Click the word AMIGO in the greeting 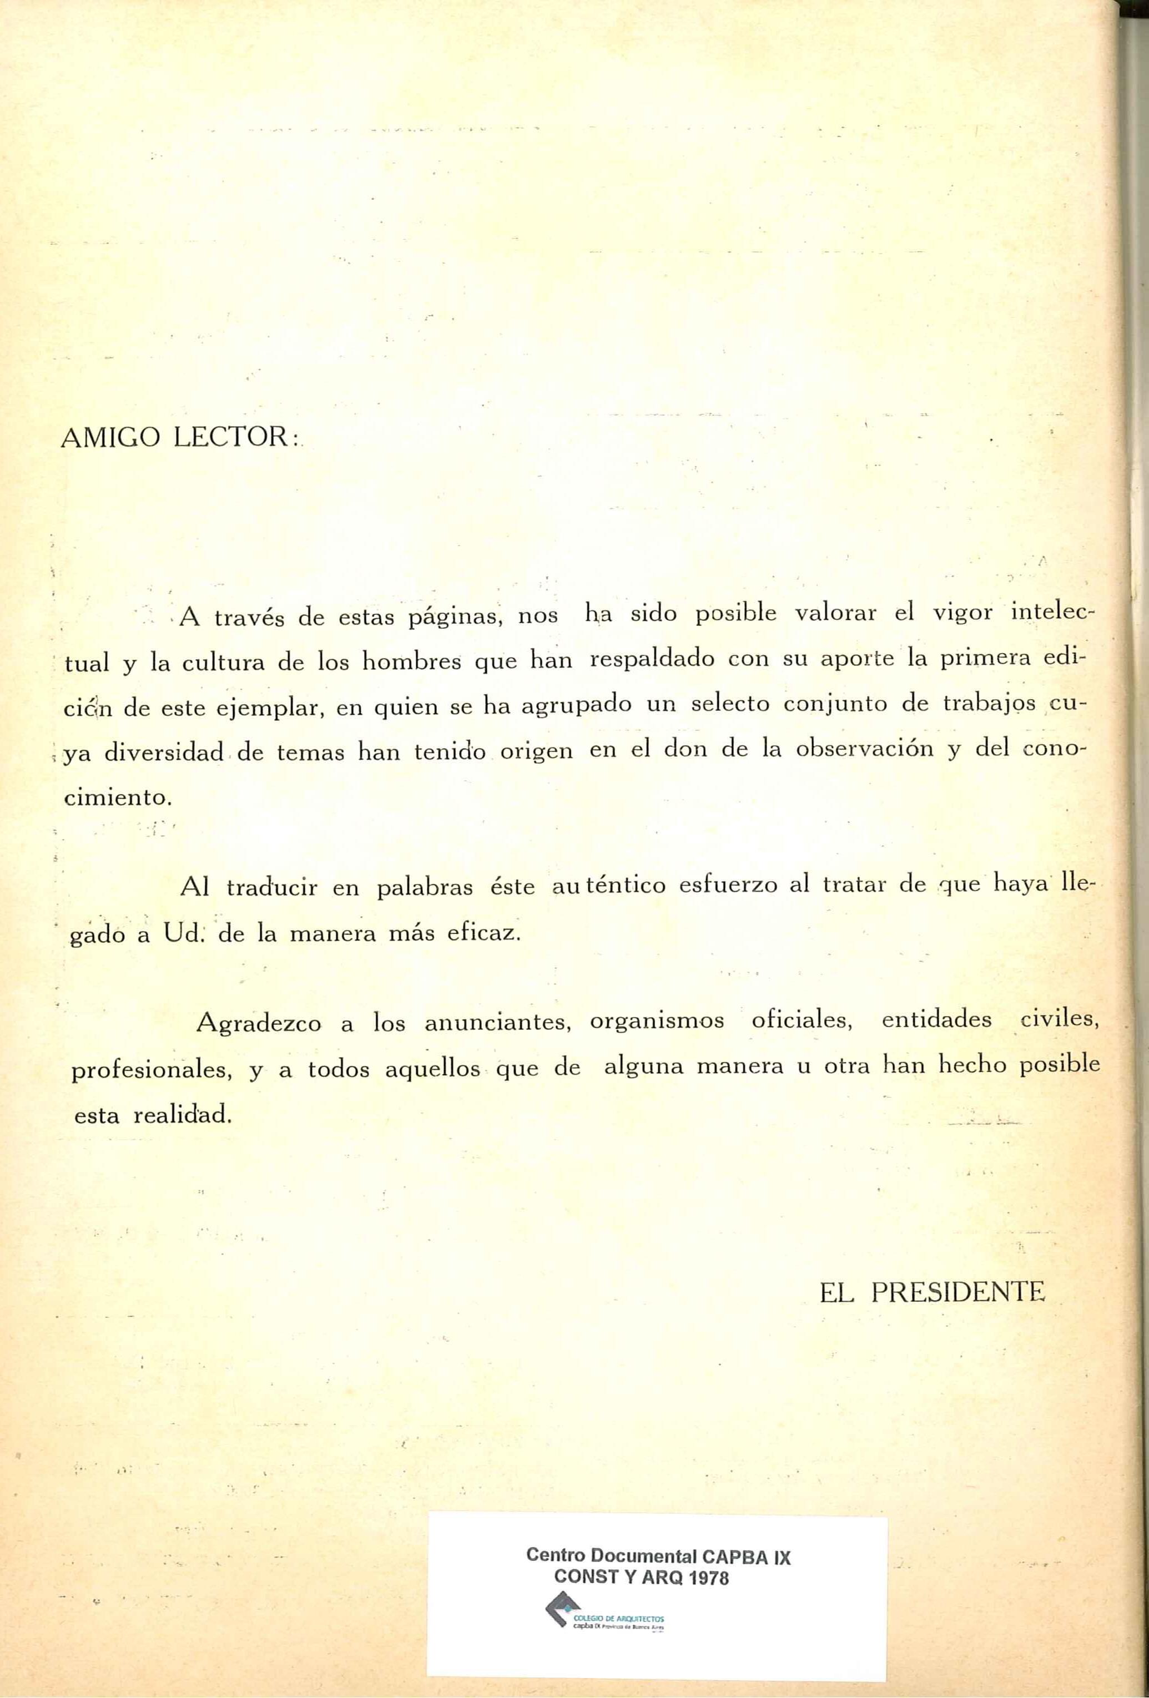(x=110, y=438)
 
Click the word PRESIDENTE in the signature (x=959, y=1294)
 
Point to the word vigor (x=962, y=612)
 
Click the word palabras (x=425, y=888)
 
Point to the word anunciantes (x=497, y=1023)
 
